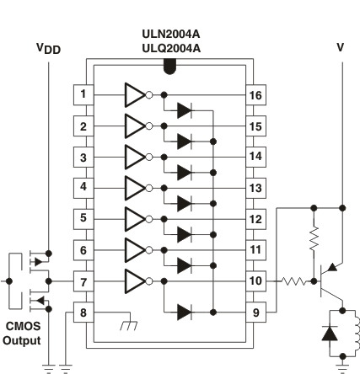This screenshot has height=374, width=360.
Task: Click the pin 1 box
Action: click(x=83, y=94)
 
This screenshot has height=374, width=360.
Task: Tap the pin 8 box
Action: click(x=83, y=310)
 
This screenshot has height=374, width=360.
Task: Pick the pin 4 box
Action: click(x=83, y=186)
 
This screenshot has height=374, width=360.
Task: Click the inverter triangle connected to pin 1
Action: click(x=135, y=94)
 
